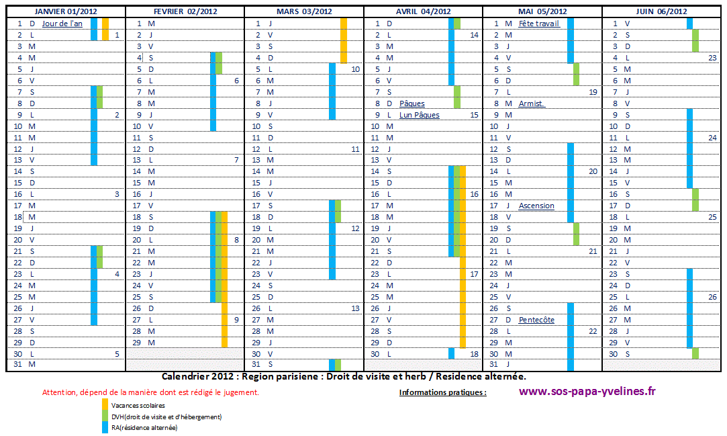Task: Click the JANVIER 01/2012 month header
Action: (x=65, y=11)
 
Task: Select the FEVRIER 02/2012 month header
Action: (x=185, y=11)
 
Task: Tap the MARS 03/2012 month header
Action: (x=304, y=11)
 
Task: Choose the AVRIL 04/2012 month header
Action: (x=423, y=11)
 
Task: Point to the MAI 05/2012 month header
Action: (x=542, y=11)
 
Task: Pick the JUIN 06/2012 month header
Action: (x=661, y=11)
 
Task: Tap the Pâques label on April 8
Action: (x=412, y=103)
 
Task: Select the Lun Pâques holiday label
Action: (x=420, y=115)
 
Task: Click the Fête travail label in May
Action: (x=538, y=24)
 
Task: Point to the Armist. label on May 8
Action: (x=532, y=103)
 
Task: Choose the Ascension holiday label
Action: (x=536, y=206)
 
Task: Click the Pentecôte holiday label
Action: (x=536, y=320)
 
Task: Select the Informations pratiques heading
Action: (x=443, y=392)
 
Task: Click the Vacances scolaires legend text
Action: (x=138, y=405)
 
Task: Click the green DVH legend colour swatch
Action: (x=104, y=417)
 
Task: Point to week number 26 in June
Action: (x=712, y=297)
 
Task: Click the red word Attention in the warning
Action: (x=56, y=392)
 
